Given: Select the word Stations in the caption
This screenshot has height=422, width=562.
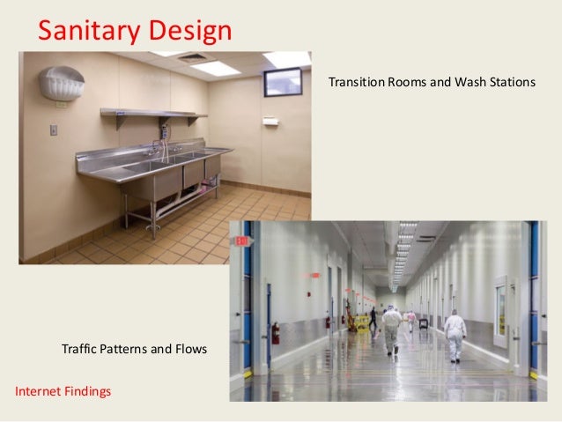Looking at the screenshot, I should (511, 83).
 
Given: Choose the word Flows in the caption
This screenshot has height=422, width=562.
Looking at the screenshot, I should (189, 350).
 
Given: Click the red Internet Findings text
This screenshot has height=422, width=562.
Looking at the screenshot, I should (63, 390).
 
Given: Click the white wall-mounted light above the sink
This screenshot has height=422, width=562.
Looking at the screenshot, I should (62, 84).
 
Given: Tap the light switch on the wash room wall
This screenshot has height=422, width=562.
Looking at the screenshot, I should (53, 130).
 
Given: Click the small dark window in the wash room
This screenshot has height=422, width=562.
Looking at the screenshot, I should (282, 81).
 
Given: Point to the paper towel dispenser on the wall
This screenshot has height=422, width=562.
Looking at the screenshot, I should (270, 121).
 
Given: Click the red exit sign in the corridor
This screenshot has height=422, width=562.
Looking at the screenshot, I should (314, 275).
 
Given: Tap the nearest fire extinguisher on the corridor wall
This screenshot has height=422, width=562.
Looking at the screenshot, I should (275, 333).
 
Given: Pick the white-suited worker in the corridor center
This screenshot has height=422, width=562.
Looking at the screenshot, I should (392, 328).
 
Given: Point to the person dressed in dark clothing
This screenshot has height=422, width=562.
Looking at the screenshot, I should (373, 317).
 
